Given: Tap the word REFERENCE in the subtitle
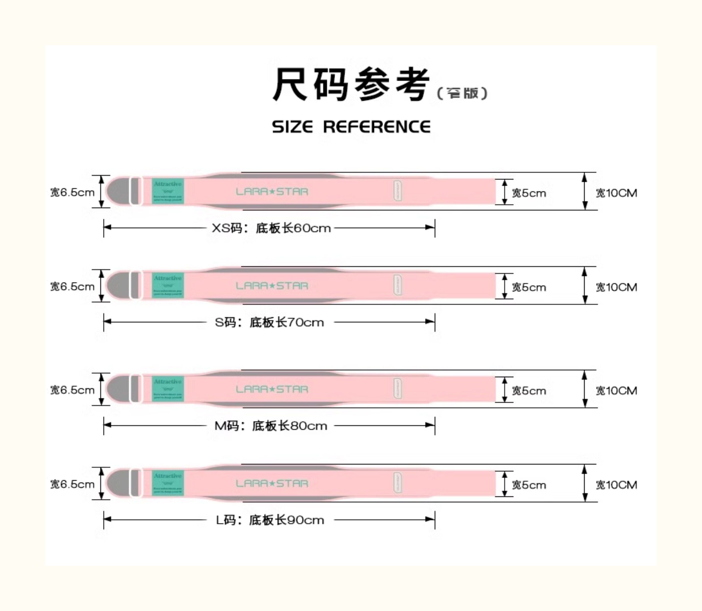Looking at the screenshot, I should [376, 127].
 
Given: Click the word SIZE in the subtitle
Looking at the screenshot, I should [292, 127].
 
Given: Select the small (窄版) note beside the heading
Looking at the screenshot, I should [462, 93].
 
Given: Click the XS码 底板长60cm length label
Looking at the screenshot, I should [271, 228].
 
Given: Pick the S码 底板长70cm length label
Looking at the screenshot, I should [269, 322].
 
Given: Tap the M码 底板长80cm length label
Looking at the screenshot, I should [271, 426].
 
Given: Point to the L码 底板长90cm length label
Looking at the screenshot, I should [270, 520].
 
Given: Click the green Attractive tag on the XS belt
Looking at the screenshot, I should [168, 191].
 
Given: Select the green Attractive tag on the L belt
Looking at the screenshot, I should [168, 483].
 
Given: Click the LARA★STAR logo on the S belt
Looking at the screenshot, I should [272, 286].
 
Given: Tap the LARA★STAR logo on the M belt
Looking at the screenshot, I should [272, 390].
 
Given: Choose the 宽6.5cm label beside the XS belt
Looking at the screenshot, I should [72, 193].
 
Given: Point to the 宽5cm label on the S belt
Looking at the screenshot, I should [529, 287].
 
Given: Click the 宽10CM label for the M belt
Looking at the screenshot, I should [616, 391].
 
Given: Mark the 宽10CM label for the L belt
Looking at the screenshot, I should [616, 485].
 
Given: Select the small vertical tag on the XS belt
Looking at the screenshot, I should [398, 191].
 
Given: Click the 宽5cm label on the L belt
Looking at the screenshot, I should [529, 485].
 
